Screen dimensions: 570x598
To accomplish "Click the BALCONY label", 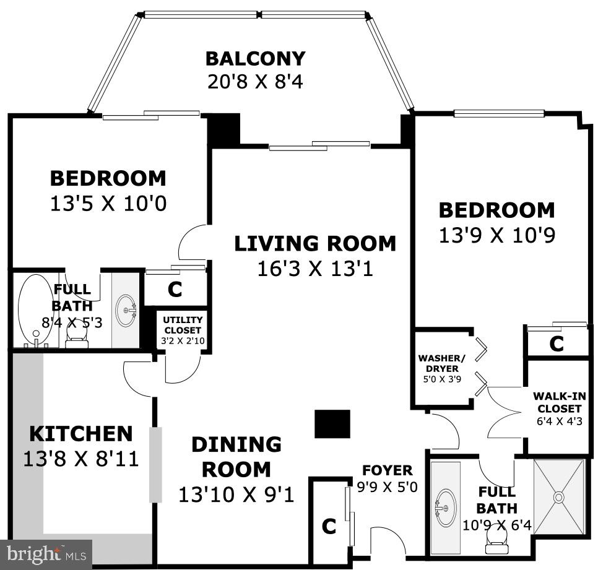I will click(255, 59).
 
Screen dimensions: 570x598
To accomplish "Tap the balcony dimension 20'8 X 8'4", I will click(255, 82).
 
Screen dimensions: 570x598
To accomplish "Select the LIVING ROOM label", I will click(314, 244).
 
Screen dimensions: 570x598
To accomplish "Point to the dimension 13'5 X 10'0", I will click(108, 204).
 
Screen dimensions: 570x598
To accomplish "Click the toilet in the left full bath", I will click(77, 335).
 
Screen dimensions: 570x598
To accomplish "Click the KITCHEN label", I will click(80, 433).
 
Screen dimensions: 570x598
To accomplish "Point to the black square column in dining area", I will click(332, 424).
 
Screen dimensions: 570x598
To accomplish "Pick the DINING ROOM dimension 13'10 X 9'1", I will click(236, 494).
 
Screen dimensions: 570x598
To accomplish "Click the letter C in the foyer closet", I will click(329, 527).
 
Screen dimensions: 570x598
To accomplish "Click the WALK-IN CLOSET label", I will click(559, 402).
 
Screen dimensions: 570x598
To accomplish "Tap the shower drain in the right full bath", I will click(559, 496).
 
